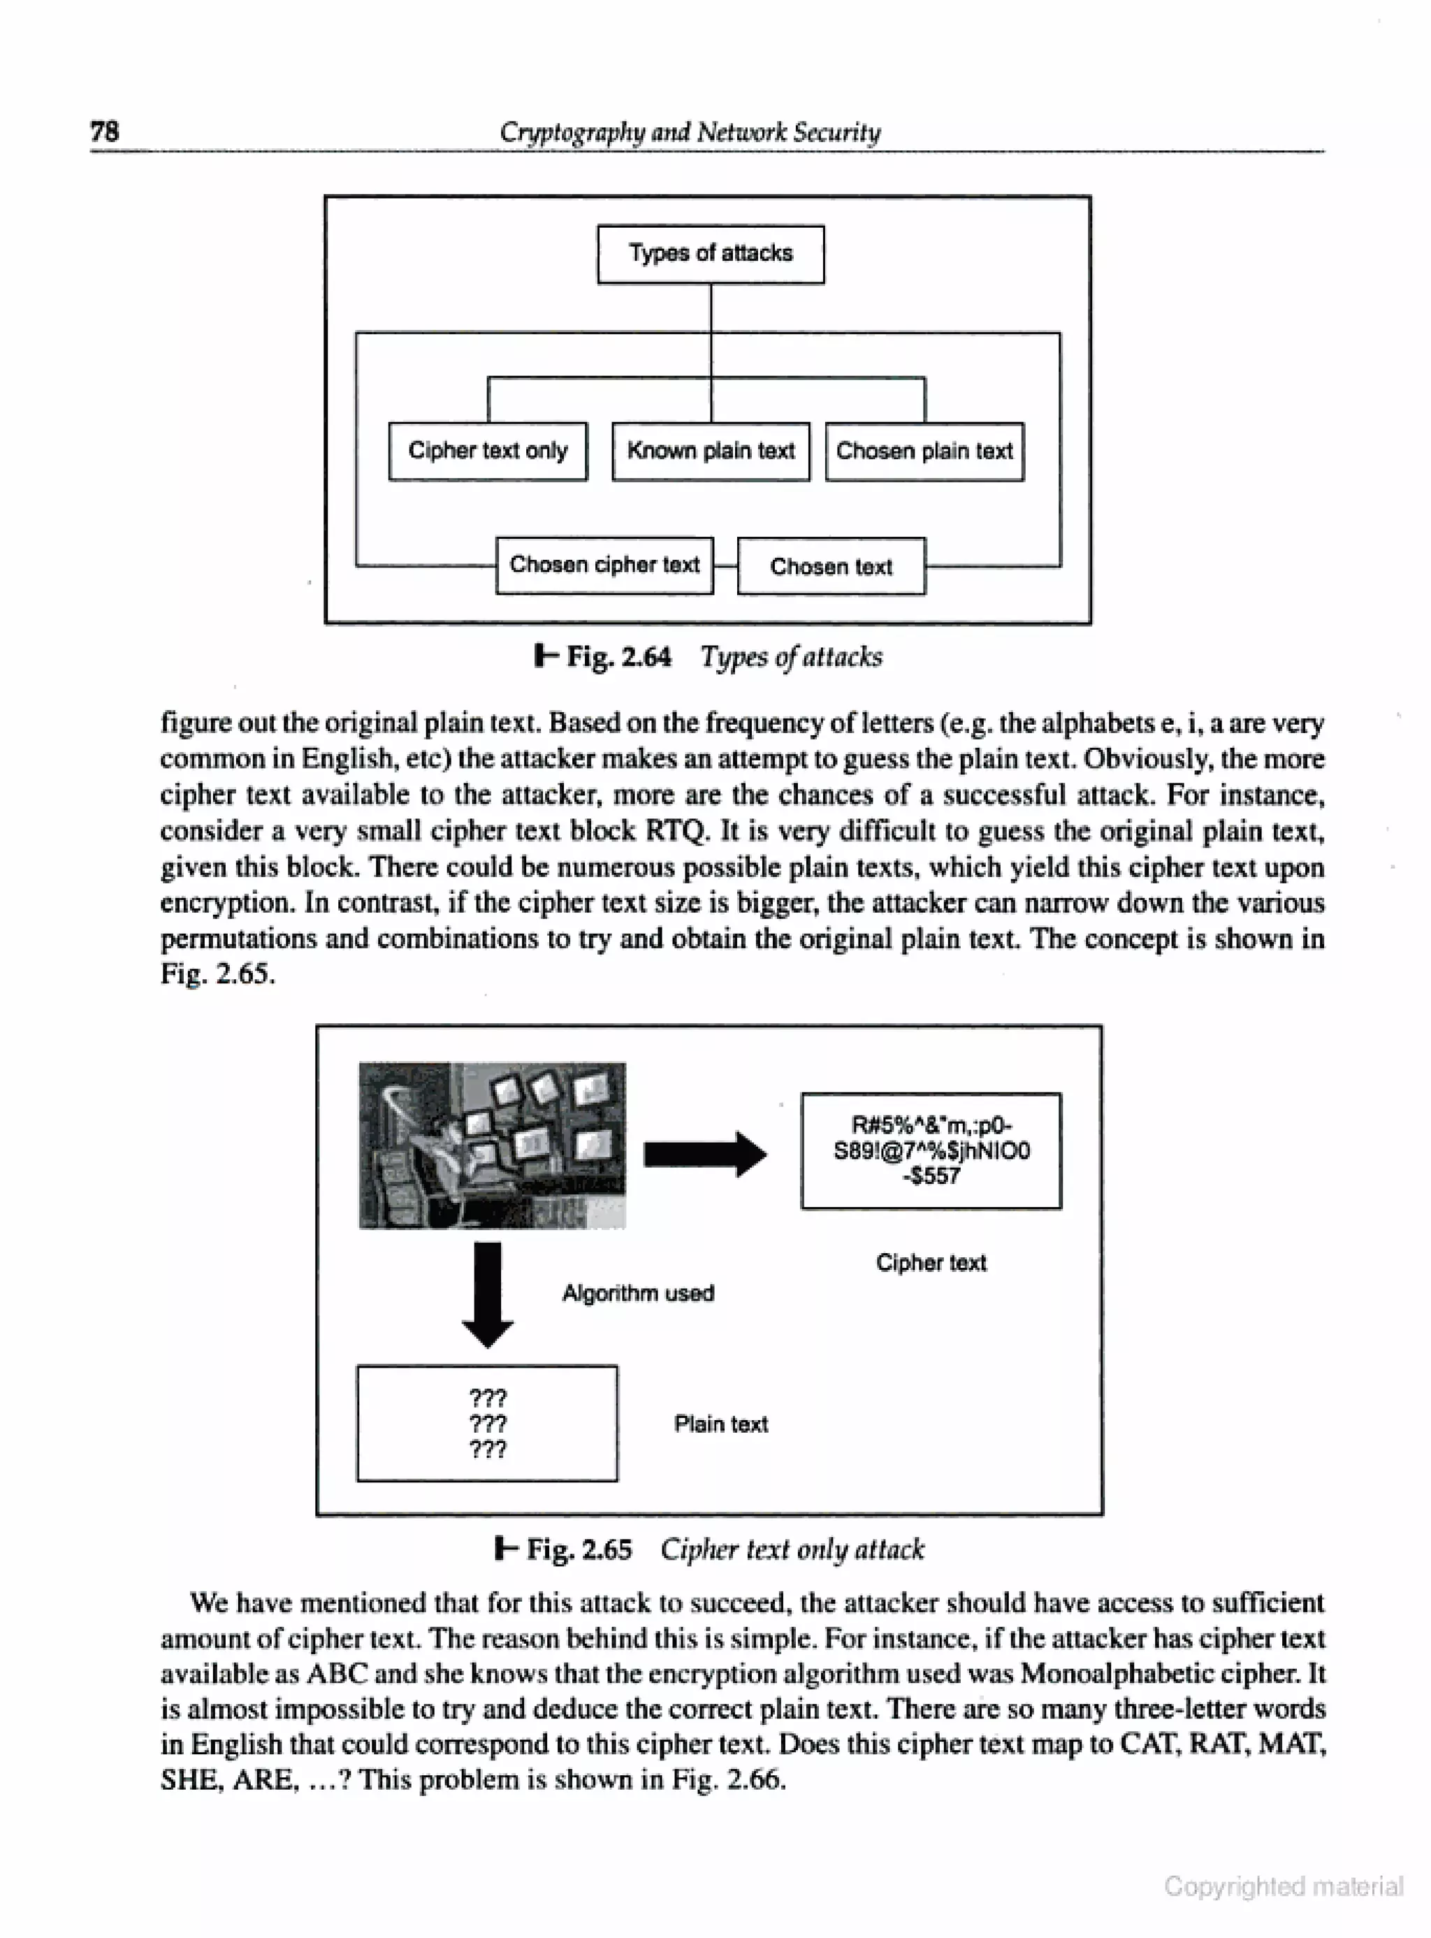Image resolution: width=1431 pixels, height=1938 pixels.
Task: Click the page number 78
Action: tap(105, 131)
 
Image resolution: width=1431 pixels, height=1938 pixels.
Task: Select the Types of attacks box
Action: tap(711, 254)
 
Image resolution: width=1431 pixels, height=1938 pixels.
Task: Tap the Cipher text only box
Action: tap(488, 451)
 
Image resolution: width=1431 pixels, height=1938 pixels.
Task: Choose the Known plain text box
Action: tap(711, 451)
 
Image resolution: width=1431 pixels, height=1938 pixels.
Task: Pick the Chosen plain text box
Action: tap(924, 451)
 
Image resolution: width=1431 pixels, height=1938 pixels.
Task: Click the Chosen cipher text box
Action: tap(604, 565)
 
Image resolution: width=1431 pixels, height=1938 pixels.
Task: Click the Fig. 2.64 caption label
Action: tap(604, 657)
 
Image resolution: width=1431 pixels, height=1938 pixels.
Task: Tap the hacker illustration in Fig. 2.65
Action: tap(492, 1145)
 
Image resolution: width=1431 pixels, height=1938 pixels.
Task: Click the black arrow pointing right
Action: tap(704, 1154)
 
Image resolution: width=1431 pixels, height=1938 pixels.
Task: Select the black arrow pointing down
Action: tap(488, 1294)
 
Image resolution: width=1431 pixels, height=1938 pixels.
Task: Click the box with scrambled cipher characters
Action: tap(931, 1150)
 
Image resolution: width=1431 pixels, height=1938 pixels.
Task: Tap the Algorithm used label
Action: tap(639, 1294)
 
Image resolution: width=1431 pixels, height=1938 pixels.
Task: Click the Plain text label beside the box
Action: tap(720, 1424)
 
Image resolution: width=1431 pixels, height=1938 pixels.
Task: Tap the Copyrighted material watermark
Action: tap(1283, 1886)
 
